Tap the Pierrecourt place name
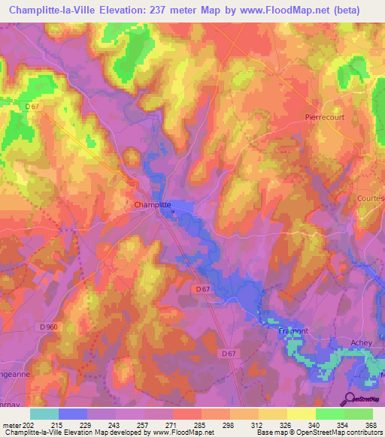(324, 117)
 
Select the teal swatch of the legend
(44, 414)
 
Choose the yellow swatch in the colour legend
(301, 414)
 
